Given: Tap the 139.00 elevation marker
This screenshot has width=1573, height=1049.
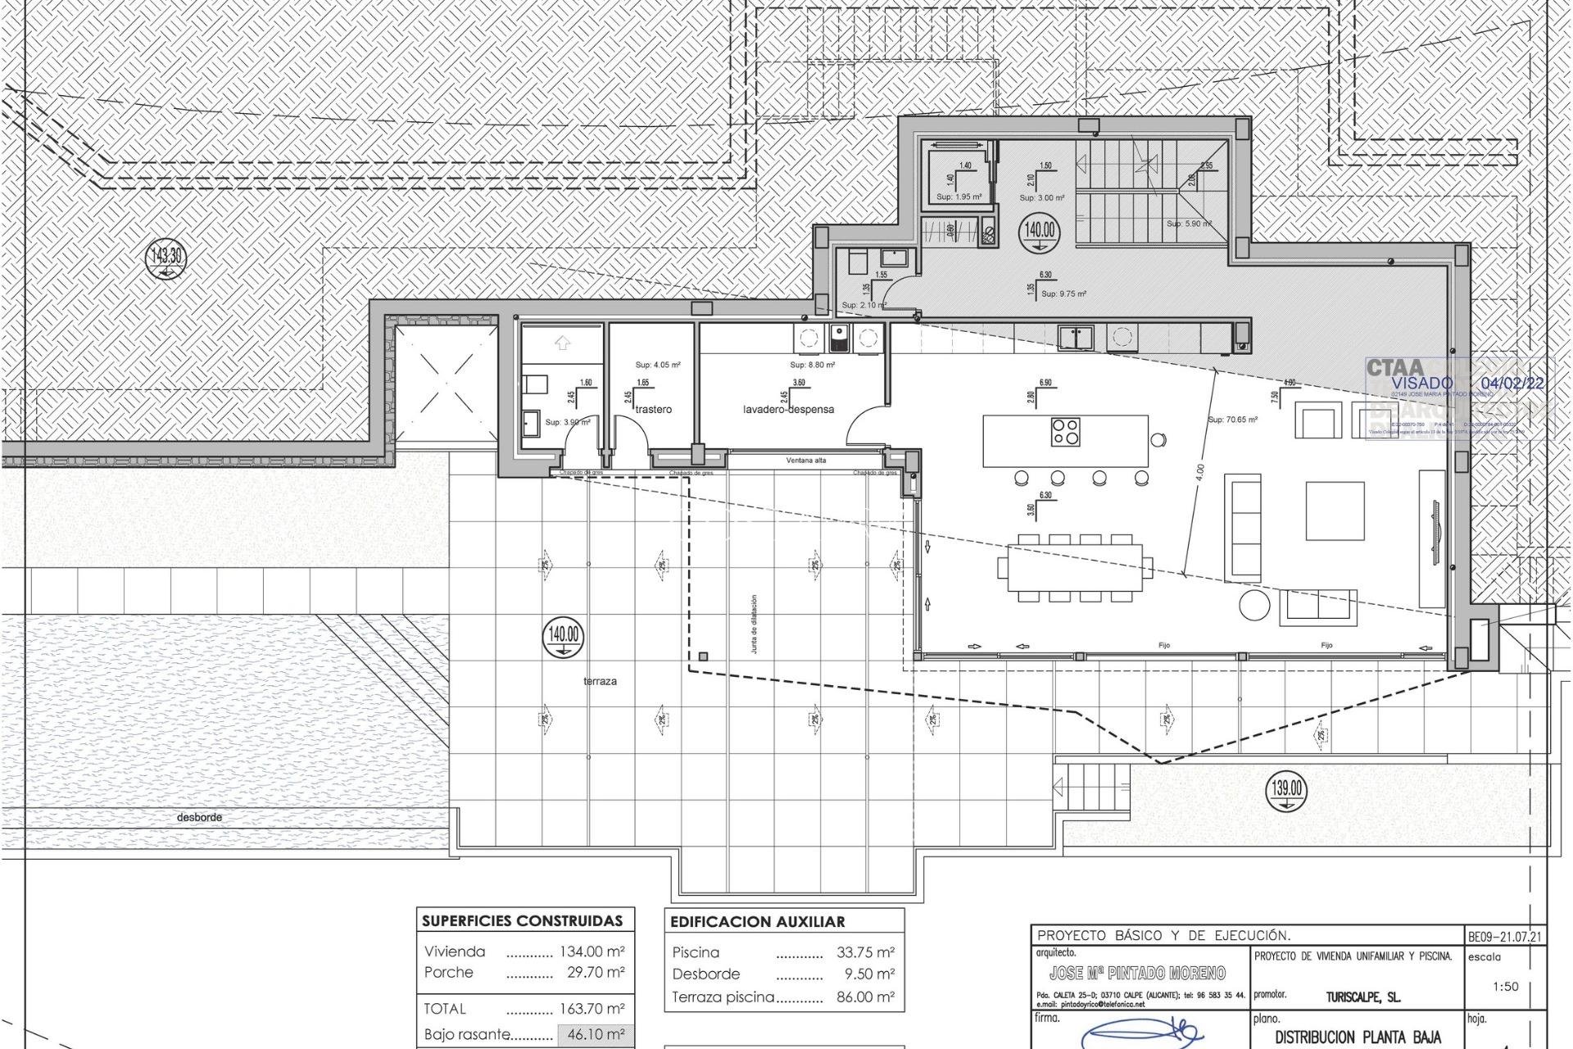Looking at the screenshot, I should click(1287, 790).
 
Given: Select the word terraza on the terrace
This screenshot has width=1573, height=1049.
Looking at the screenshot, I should click(600, 682).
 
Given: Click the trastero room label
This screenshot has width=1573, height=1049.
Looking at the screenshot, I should click(653, 409).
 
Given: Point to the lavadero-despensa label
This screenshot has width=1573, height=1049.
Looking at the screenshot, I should click(788, 409).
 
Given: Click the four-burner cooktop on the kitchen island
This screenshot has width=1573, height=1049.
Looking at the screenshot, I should click(1066, 431).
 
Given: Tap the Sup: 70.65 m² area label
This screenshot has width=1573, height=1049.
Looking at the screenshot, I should click(1232, 420).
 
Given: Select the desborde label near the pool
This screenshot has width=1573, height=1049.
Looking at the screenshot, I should click(199, 817).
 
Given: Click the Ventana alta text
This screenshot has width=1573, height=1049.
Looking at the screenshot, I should click(806, 461).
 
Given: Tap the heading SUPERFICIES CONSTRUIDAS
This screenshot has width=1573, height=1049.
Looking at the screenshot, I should click(522, 921).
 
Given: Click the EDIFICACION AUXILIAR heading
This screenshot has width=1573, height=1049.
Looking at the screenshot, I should click(757, 922).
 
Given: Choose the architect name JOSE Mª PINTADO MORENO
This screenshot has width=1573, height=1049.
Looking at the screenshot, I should click(1137, 974).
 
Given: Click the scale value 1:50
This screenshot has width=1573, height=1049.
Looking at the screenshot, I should click(1505, 987).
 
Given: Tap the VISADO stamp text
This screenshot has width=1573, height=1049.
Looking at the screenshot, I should click(1421, 383).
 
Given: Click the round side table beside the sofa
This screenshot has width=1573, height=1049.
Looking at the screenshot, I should click(1253, 605).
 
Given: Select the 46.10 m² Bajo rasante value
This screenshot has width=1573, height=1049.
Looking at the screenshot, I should click(596, 1034).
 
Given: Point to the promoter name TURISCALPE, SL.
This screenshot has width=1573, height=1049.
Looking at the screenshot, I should click(1363, 998).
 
